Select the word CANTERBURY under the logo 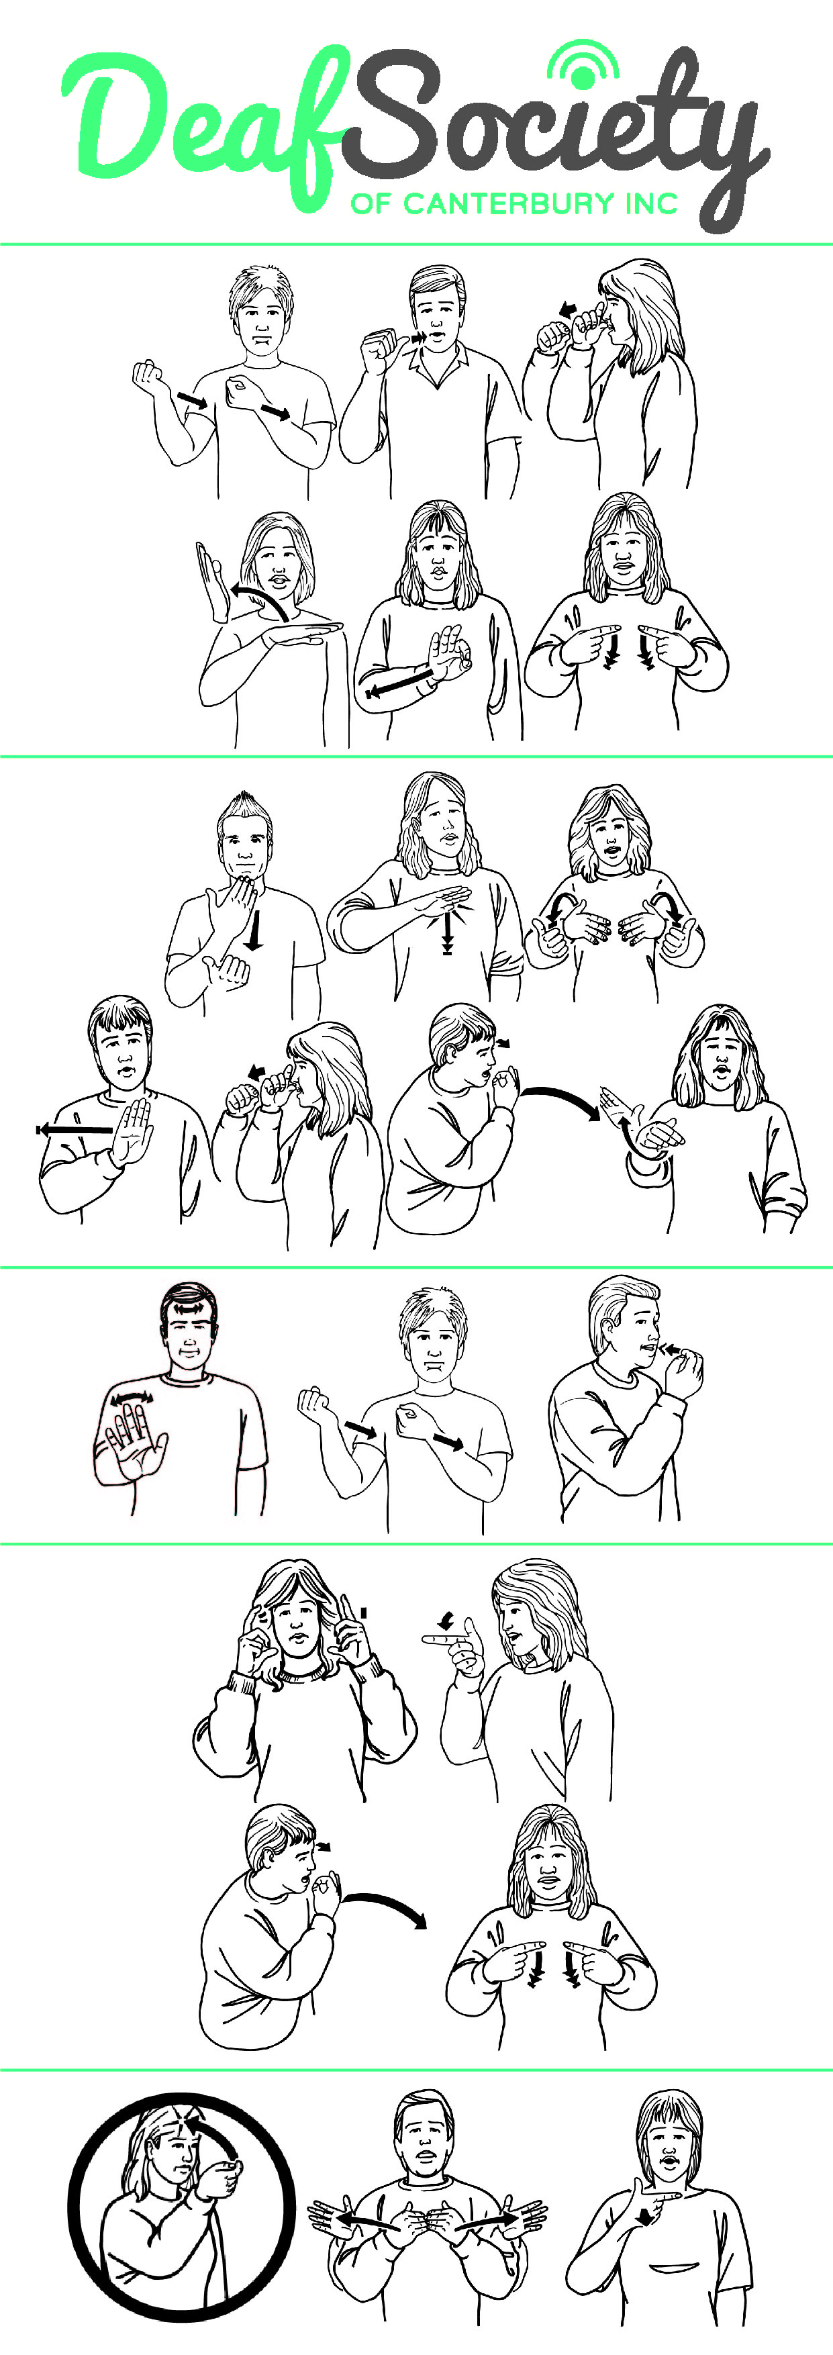(508, 203)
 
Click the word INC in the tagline (651, 203)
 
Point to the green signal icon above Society (583, 64)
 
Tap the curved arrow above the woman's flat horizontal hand (259, 599)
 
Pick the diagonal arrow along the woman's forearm (399, 682)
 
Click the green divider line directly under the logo (416, 244)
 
